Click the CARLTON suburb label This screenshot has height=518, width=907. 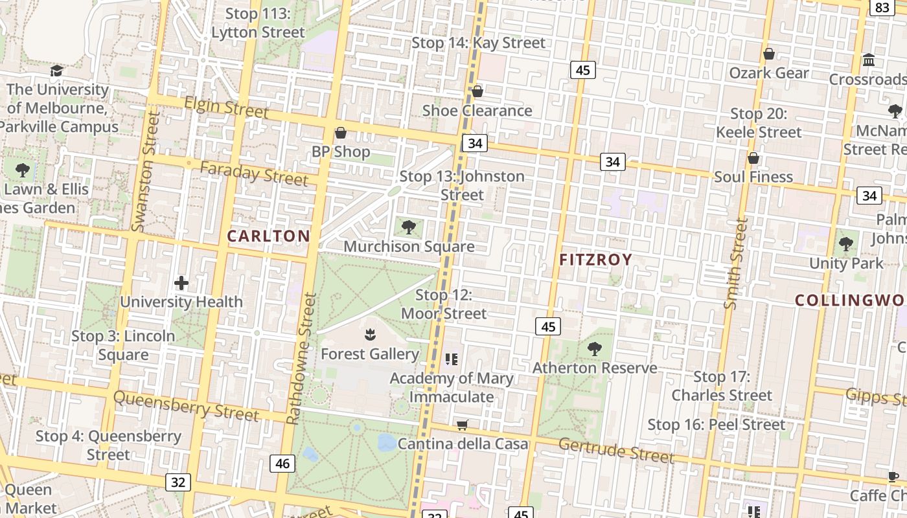click(x=269, y=236)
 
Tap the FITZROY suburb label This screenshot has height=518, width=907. click(x=595, y=260)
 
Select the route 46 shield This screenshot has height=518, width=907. click(x=282, y=464)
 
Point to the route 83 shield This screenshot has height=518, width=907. click(x=882, y=7)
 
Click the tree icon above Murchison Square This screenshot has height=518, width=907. click(x=408, y=227)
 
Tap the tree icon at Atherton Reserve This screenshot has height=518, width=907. click(x=594, y=349)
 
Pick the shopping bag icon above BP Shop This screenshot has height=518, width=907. click(x=341, y=133)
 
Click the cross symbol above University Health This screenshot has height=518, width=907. click(x=181, y=283)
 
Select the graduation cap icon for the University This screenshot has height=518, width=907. click(x=57, y=71)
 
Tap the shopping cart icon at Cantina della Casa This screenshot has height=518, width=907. click(x=463, y=425)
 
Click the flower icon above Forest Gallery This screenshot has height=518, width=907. click(x=370, y=335)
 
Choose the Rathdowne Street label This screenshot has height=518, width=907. click(x=301, y=358)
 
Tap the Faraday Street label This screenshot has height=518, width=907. click(x=254, y=174)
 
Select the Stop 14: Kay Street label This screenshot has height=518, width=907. click(x=479, y=43)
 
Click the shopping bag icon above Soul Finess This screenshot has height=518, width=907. click(x=753, y=158)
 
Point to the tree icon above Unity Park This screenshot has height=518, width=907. click(x=845, y=244)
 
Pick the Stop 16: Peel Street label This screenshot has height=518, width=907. click(x=717, y=425)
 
